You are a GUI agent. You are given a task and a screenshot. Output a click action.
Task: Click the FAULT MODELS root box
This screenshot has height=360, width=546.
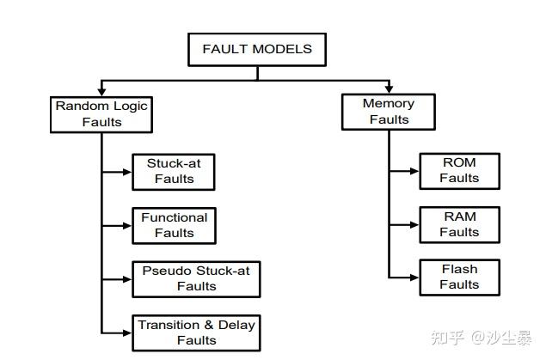(256, 49)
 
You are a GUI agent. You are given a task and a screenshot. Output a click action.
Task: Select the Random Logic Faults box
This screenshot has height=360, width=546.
(101, 114)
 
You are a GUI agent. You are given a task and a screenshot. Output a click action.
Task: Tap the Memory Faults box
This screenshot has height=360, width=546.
(389, 112)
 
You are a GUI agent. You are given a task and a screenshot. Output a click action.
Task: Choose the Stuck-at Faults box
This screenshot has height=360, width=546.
(173, 171)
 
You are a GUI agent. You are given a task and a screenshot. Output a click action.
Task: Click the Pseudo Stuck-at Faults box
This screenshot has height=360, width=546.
(196, 279)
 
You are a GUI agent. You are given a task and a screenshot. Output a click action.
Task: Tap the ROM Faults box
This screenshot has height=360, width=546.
(459, 170)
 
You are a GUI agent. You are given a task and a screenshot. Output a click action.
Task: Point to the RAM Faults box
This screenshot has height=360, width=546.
(459, 223)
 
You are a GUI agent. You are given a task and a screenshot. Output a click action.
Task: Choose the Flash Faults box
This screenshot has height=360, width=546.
(459, 277)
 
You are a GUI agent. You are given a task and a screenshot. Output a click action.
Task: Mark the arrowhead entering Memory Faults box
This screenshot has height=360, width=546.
(389, 88)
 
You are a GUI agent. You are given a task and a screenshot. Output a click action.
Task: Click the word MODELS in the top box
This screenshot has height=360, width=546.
(281, 49)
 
